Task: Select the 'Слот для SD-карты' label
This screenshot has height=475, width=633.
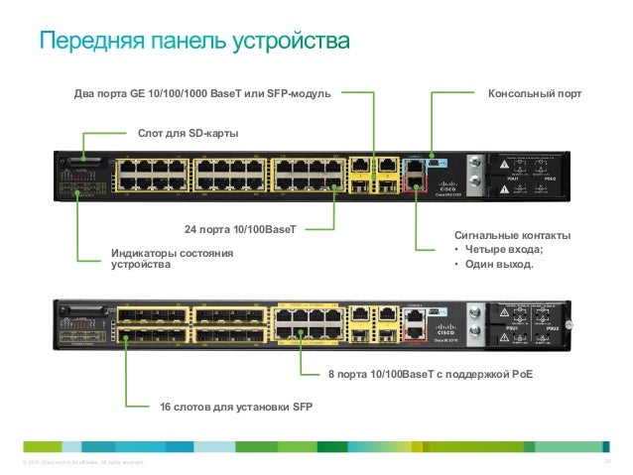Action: pos(188,132)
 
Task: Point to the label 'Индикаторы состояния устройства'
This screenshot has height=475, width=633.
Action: pos(171,259)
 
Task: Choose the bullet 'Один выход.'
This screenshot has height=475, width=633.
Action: pos(493,265)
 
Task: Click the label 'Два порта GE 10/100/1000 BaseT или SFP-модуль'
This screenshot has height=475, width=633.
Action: pos(202,95)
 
